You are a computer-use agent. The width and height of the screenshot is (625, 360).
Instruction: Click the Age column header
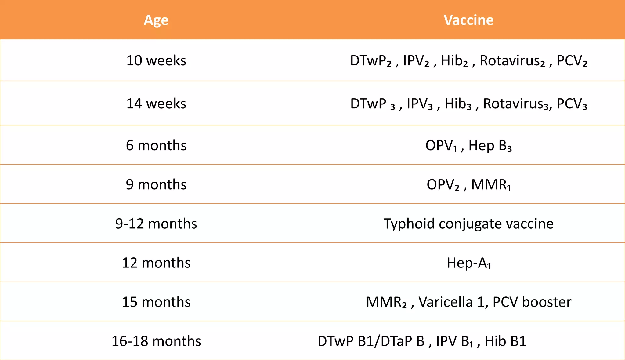pos(156,20)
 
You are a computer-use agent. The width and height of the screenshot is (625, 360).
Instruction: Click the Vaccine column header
pos(468,20)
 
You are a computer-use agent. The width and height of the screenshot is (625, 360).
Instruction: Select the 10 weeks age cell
pos(156,60)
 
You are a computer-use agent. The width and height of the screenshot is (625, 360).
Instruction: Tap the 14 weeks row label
pos(156,104)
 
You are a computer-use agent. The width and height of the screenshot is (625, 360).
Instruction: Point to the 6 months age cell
pos(156,145)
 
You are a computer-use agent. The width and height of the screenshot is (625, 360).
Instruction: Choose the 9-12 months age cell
pos(156,224)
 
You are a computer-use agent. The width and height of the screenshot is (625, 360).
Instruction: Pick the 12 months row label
pos(156,263)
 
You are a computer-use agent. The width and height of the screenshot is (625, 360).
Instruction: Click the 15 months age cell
pos(156,302)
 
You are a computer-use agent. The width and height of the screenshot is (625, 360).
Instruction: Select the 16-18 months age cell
pos(156,341)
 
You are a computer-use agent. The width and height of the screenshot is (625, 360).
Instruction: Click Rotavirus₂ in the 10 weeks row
pos(512,61)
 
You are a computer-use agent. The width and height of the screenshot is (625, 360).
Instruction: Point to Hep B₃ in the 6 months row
pos(490,146)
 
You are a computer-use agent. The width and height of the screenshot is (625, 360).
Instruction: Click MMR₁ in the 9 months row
pos(491,185)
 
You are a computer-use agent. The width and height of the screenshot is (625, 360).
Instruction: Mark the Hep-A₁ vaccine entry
pos(468,263)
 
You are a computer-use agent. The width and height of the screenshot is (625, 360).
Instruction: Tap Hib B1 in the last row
pos(505,341)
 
